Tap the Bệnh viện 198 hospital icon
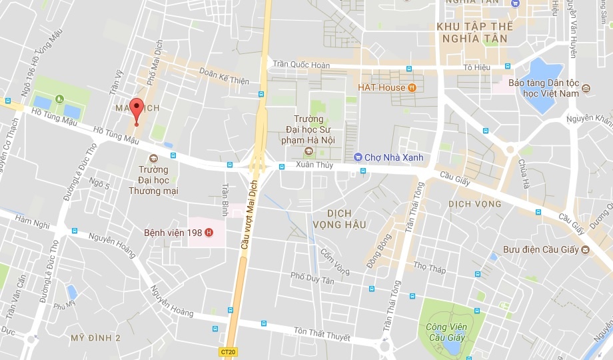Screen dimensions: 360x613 pyautogui.click(x=209, y=233)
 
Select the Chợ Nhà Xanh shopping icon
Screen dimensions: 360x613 pyautogui.click(x=358, y=157)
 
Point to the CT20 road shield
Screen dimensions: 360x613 pyautogui.click(x=229, y=351)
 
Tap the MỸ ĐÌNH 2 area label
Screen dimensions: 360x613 pyautogui.click(x=95, y=338)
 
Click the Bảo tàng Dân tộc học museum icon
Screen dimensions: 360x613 pyautogui.click(x=585, y=89)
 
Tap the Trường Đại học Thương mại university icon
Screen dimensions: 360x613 pyautogui.click(x=153, y=158)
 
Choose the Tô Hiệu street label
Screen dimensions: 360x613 pyautogui.click(x=477, y=67)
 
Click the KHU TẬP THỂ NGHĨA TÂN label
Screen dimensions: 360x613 pyautogui.click(x=474, y=32)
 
